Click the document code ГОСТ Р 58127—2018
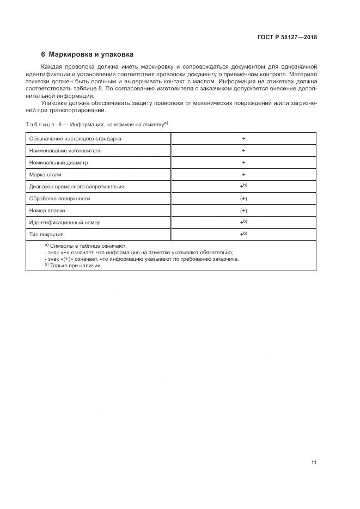pos(287,37)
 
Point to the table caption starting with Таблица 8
pos(97,125)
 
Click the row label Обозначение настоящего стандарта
pos(75,139)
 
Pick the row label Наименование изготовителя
pos(66,150)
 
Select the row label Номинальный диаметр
pos(58,162)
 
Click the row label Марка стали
pos(45,174)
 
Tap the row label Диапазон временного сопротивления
pos(77,186)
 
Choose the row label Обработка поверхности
pos(59,198)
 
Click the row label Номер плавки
pos(47,210)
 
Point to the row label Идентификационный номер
pos(65,222)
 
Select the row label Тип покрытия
pos(46,234)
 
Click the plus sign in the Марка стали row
pos(243,174)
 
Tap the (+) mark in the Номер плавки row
pos(243,210)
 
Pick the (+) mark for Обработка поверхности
pos(243,198)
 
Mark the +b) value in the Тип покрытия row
pos(243,234)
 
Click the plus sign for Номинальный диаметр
pos(243,162)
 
